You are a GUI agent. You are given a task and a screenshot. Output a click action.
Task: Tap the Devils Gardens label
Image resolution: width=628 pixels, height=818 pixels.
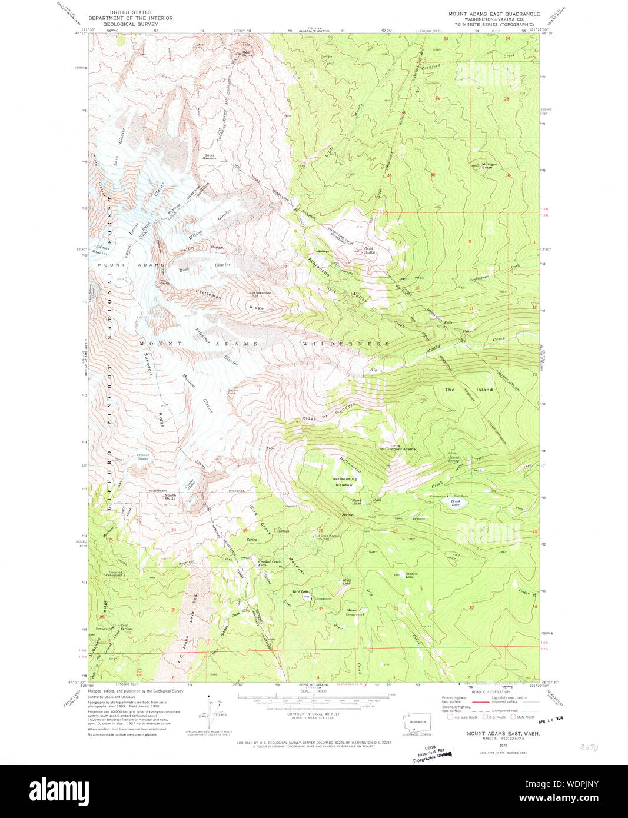pyautogui.click(x=210, y=157)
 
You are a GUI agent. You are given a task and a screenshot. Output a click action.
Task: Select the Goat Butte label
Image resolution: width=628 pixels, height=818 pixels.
pyautogui.click(x=369, y=250)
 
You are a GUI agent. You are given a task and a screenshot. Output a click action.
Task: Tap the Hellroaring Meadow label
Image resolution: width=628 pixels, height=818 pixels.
pyautogui.click(x=344, y=482)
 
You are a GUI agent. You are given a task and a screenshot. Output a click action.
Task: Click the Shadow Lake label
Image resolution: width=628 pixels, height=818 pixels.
pyautogui.click(x=410, y=575)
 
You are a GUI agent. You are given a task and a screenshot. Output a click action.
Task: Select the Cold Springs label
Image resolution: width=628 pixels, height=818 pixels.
pyautogui.click(x=126, y=627)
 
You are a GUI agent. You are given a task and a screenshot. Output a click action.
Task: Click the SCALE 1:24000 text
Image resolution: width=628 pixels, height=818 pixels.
pyautogui.click(x=313, y=707)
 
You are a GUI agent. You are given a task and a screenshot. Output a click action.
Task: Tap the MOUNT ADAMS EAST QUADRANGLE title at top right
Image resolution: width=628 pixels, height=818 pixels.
pyautogui.click(x=494, y=14)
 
